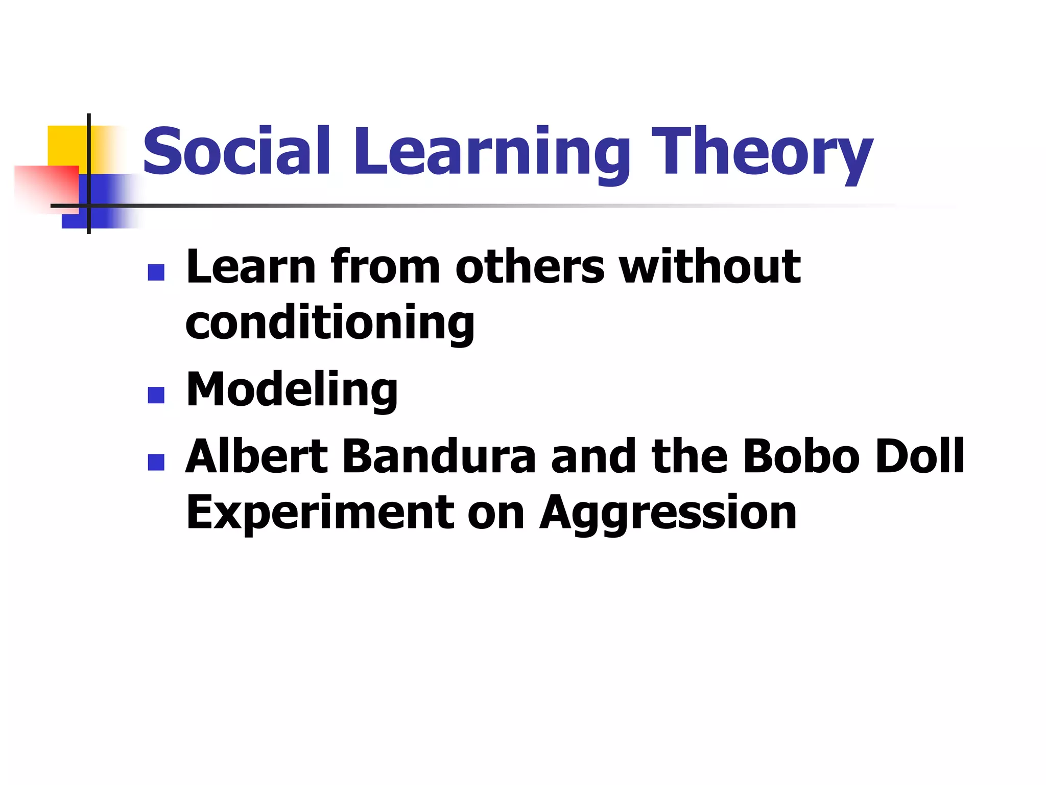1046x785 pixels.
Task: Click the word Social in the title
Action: (236, 151)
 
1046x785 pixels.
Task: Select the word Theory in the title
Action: (761, 153)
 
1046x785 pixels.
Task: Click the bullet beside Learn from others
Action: (156, 272)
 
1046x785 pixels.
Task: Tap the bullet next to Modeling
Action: (156, 395)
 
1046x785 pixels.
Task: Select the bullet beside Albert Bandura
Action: (156, 462)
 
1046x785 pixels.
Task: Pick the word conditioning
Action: (330, 324)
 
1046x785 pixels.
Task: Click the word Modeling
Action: (292, 390)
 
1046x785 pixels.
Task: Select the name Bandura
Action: (439, 456)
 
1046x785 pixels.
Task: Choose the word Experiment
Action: (320, 513)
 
